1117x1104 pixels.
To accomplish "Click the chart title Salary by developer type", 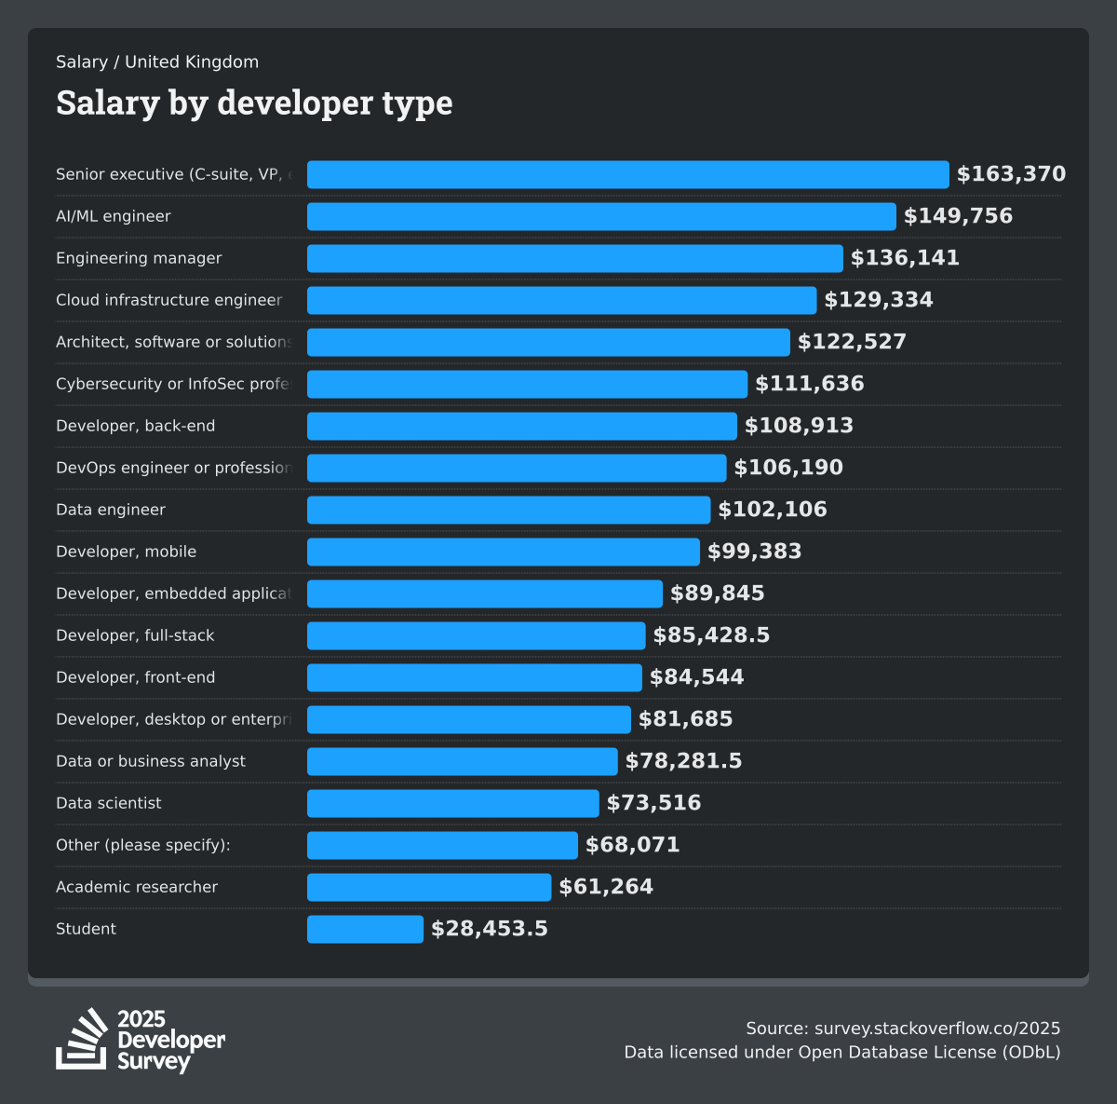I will coord(254,102).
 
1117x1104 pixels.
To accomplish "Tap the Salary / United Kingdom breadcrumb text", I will coord(157,62).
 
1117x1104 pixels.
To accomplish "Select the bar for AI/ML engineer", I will coord(601,216).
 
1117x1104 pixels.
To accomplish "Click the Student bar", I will coord(365,929).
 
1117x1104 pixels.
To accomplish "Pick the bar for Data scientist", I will coord(452,803).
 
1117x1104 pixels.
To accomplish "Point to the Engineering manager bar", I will coord(574,258).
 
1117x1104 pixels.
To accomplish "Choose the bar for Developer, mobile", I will coord(503,552).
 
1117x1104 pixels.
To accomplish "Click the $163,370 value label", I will coord(1011,174).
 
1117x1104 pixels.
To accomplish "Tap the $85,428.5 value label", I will coord(711,635).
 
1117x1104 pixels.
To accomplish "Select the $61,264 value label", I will coord(606,887).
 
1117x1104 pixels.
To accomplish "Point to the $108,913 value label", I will coord(799,426).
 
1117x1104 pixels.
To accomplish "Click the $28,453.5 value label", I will coord(490,929).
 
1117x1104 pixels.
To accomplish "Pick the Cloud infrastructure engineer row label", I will coord(168,300).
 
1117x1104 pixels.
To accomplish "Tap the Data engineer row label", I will coord(111,510).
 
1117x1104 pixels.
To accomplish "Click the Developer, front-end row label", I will coord(135,677).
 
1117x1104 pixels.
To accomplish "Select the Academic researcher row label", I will coord(137,887).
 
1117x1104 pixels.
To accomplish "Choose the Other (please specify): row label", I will coord(142,845).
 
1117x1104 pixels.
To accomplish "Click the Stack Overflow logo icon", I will coord(82,1039).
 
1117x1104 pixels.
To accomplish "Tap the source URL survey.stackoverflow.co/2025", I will coord(936,1029).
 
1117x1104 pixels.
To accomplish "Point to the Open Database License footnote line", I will coord(841,1053).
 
